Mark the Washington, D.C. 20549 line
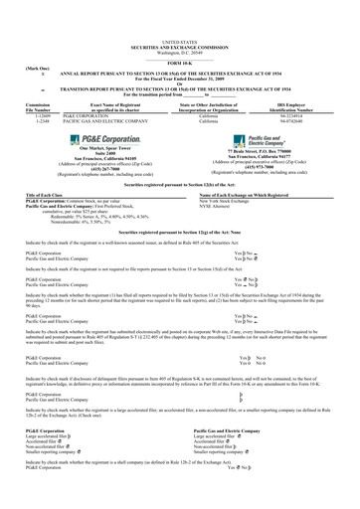click(180, 22)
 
